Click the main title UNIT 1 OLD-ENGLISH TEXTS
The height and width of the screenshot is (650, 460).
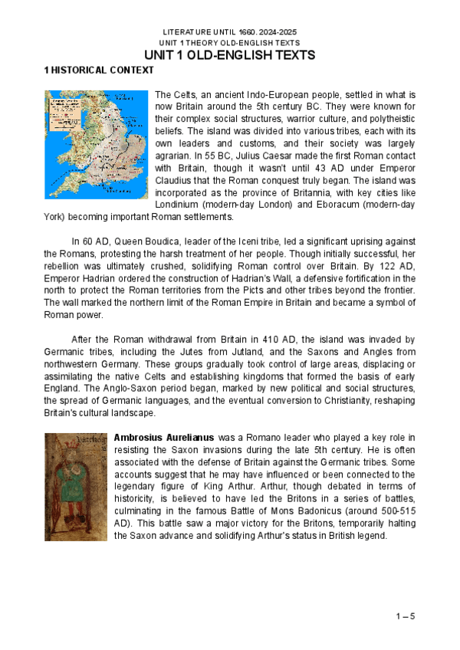tap(230, 56)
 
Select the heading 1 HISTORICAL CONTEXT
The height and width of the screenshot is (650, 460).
tap(99, 71)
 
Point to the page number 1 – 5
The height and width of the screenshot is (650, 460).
tap(406, 616)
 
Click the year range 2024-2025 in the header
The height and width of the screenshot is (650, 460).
tap(274, 32)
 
